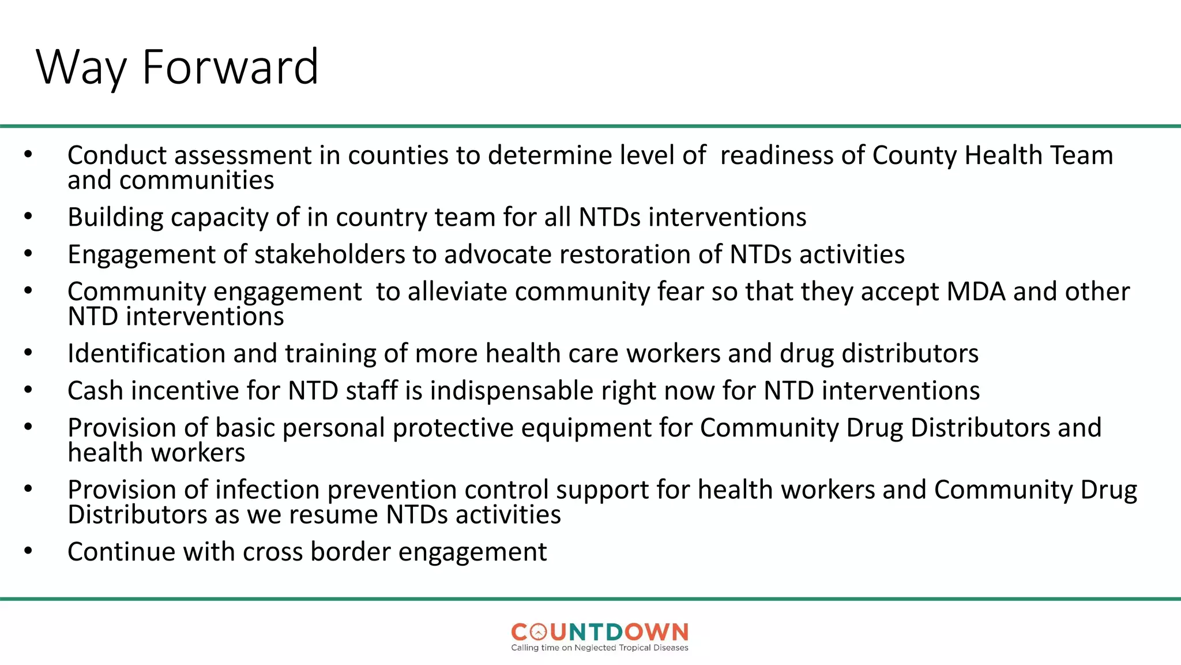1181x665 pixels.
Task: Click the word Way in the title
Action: (x=81, y=68)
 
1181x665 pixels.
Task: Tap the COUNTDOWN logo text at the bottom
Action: (x=600, y=632)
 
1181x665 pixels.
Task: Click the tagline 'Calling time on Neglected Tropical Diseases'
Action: (x=600, y=648)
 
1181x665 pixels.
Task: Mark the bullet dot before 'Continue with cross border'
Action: (x=28, y=551)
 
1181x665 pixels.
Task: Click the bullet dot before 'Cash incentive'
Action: (x=28, y=390)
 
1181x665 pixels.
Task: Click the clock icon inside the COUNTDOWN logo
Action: (x=537, y=633)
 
